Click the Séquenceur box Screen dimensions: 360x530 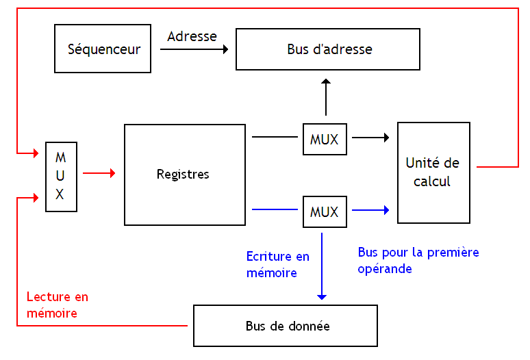coord(103,49)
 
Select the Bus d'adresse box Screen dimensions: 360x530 coord(327,49)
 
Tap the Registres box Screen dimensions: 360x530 coord(184,175)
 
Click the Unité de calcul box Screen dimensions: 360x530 coord(433,172)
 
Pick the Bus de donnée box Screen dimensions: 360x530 coord(286,326)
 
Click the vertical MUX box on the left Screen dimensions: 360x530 coord(60,176)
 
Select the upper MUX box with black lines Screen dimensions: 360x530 coord(325,139)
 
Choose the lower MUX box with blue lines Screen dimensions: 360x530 coord(325,211)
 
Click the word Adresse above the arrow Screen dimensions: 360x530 coord(192,36)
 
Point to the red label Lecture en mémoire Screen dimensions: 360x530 coord(58,305)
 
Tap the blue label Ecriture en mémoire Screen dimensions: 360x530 coord(278,264)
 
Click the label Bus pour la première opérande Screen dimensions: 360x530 coord(418,260)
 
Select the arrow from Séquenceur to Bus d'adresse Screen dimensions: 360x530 coord(197,49)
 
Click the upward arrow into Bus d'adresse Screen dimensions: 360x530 coord(326,97)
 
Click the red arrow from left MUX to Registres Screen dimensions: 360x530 coord(99,174)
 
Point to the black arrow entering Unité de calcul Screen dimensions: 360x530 coord(370,138)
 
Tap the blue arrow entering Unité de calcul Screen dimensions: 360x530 coord(370,210)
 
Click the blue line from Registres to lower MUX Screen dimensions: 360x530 coord(275,210)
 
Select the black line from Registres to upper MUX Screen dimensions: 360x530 coord(275,138)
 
